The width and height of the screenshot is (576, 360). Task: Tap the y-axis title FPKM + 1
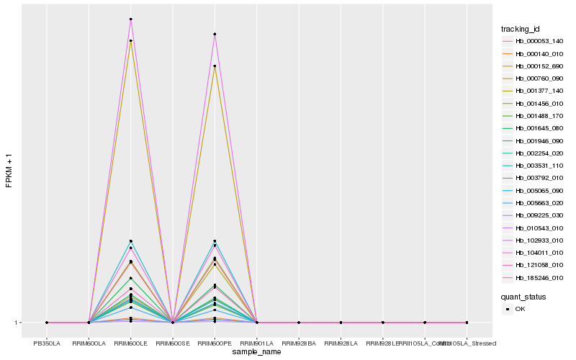(9, 171)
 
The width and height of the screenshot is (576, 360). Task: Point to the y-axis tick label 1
(17, 323)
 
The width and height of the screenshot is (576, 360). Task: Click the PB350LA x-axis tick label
(47, 343)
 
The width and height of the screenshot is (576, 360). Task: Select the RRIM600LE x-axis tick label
(131, 343)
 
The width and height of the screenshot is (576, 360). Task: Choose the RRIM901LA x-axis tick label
(257, 343)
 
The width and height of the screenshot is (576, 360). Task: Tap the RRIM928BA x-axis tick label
(299, 343)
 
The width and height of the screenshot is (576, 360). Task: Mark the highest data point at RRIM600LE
(131, 19)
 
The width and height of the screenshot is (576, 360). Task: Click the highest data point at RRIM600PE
(215, 35)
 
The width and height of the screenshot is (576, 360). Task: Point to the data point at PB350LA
(47, 323)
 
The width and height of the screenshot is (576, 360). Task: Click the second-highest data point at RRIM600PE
(215, 66)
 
